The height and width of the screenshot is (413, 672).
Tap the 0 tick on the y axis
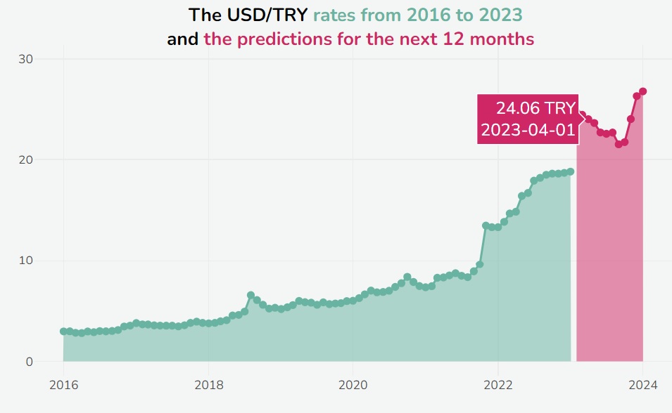(28, 362)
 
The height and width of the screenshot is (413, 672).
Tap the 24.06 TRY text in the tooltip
(535, 108)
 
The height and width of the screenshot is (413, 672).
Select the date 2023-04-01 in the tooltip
(527, 130)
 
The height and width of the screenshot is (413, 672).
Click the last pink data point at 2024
(642, 91)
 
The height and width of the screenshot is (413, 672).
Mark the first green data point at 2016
(63, 331)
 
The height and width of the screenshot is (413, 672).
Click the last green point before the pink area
(571, 171)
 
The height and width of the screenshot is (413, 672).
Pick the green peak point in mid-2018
(251, 295)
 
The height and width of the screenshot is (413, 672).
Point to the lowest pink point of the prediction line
(619, 144)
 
